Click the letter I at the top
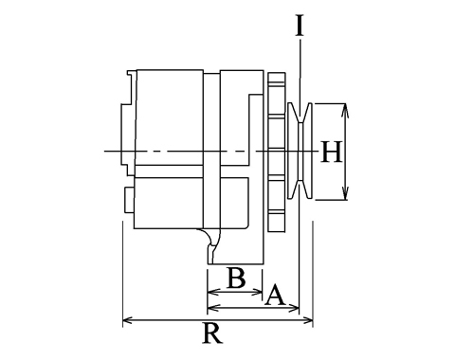[300, 26]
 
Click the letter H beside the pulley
[331, 152]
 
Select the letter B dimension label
[236, 279]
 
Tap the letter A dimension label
[274, 295]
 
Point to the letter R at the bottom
[212, 333]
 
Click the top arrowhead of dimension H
[345, 109]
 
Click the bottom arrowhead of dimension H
[345, 193]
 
